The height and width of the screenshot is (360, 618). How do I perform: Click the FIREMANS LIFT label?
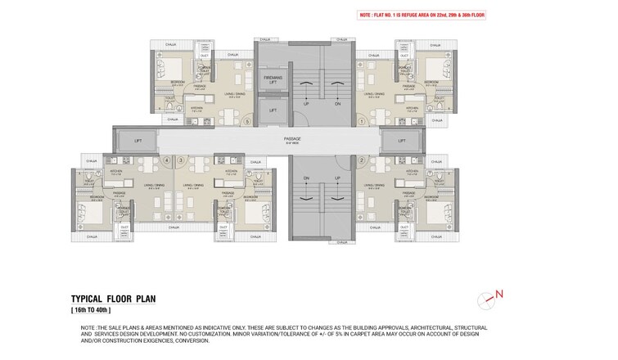coord(272,79)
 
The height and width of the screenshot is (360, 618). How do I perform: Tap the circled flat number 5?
coord(246,121)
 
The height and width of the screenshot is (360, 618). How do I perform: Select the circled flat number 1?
coord(362,121)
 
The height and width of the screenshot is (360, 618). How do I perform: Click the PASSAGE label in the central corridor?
coord(292,139)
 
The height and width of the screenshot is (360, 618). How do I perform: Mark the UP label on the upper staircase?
coord(305,104)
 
